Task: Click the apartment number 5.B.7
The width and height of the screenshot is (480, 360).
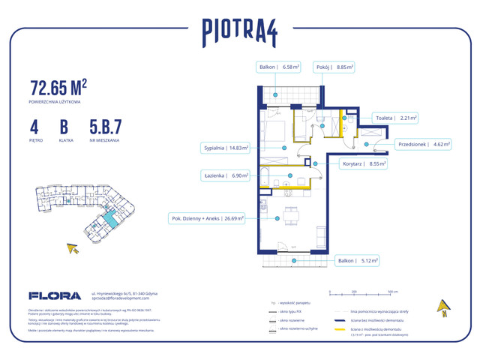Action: tap(105, 126)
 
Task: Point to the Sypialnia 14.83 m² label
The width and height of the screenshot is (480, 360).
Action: tap(226, 148)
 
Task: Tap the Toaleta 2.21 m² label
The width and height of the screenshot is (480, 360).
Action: tap(394, 118)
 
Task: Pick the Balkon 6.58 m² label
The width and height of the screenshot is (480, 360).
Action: tap(279, 67)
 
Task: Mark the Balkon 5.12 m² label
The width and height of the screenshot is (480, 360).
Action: tap(357, 261)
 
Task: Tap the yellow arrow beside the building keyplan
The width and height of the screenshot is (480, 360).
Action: tap(73, 248)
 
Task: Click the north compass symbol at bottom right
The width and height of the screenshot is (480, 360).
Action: tap(443, 308)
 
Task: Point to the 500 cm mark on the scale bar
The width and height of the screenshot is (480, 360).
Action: tap(392, 290)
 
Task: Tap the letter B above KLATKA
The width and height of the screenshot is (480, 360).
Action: tap(66, 126)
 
